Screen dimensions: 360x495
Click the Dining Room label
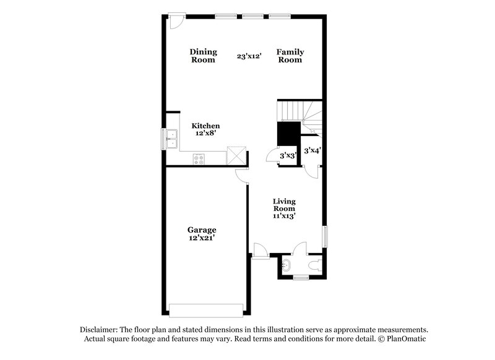point(202,56)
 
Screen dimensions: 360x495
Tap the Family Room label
point(290,56)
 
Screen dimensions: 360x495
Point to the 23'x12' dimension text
point(249,56)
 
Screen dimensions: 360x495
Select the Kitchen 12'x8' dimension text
point(205,133)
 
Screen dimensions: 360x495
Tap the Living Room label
point(285,205)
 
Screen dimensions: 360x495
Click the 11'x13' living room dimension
point(285,216)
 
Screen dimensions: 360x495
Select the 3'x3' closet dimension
point(288,156)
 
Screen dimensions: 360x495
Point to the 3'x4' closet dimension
point(312,149)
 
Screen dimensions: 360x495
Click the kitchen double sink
point(171,138)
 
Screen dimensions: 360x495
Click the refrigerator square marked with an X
point(236,155)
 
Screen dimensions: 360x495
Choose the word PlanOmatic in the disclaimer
point(406,340)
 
